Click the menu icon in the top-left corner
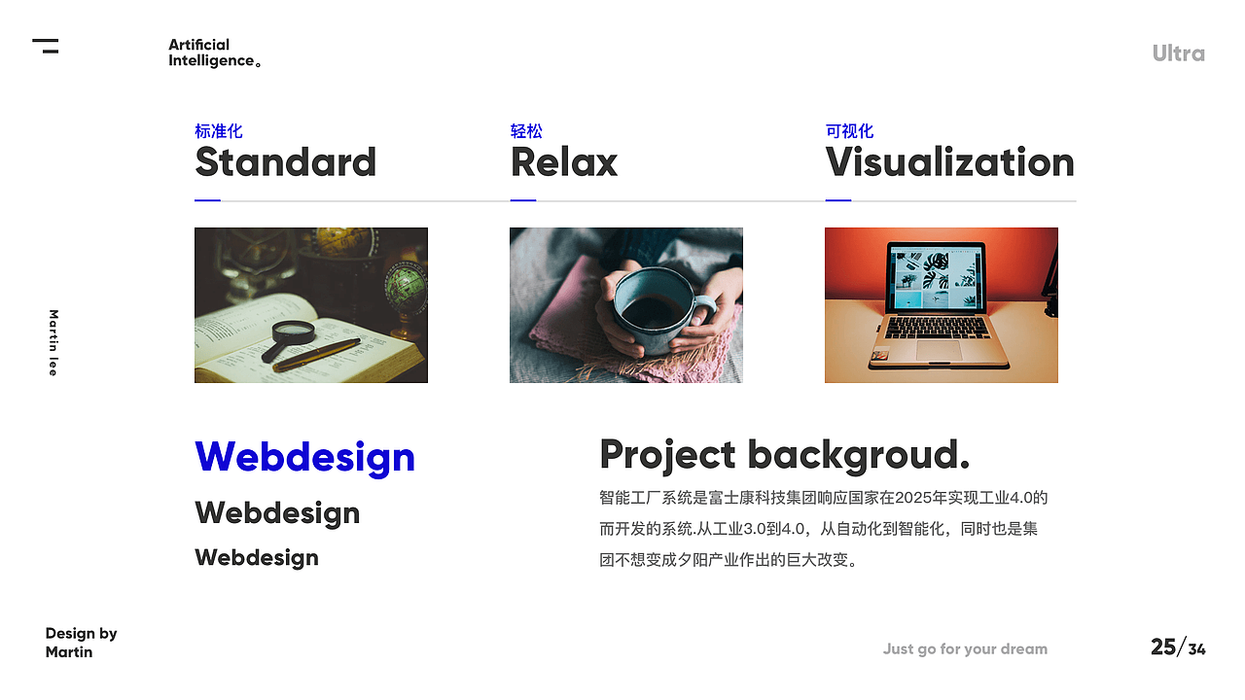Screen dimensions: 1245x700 (x=46, y=46)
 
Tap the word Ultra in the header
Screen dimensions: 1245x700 (x=1178, y=53)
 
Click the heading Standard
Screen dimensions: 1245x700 (x=286, y=162)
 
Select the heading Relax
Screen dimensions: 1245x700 (x=563, y=162)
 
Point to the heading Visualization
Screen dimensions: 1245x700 (x=950, y=162)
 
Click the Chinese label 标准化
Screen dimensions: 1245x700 (x=219, y=131)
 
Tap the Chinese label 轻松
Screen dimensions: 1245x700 (x=526, y=131)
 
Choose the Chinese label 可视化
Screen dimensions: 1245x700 (x=849, y=131)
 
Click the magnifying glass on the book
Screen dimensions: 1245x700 (x=290, y=338)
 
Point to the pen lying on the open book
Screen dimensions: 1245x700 (x=318, y=356)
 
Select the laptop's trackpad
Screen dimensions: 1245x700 (x=940, y=351)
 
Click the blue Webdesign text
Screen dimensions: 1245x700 (x=304, y=458)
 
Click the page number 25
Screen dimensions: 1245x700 (x=1163, y=647)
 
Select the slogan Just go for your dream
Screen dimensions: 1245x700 (x=965, y=648)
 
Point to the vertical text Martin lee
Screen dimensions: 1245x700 (x=53, y=343)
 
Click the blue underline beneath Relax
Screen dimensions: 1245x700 (x=523, y=200)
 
